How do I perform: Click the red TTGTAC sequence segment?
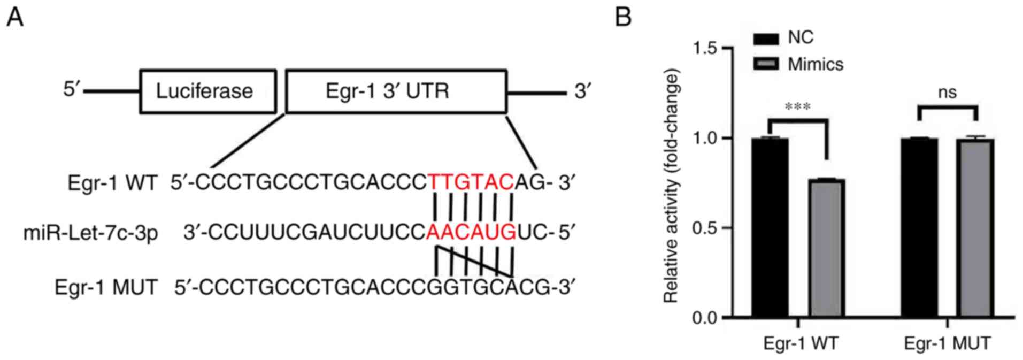(x=471, y=183)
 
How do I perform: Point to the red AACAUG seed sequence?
(x=471, y=233)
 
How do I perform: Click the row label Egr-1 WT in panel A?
(x=112, y=183)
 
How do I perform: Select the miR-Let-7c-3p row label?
(x=90, y=233)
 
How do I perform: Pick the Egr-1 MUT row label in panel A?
(x=106, y=288)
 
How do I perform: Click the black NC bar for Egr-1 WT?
(x=770, y=227)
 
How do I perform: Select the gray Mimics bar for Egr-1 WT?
(x=827, y=248)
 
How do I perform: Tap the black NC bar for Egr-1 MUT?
(x=919, y=227)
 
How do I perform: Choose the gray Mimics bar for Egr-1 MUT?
(x=975, y=228)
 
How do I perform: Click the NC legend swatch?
(x=766, y=39)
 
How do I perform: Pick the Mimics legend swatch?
(x=766, y=64)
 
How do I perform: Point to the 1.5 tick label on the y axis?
(x=705, y=48)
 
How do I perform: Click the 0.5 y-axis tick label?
(x=705, y=228)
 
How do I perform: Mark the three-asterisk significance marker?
(x=797, y=107)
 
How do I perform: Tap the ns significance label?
(x=947, y=93)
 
